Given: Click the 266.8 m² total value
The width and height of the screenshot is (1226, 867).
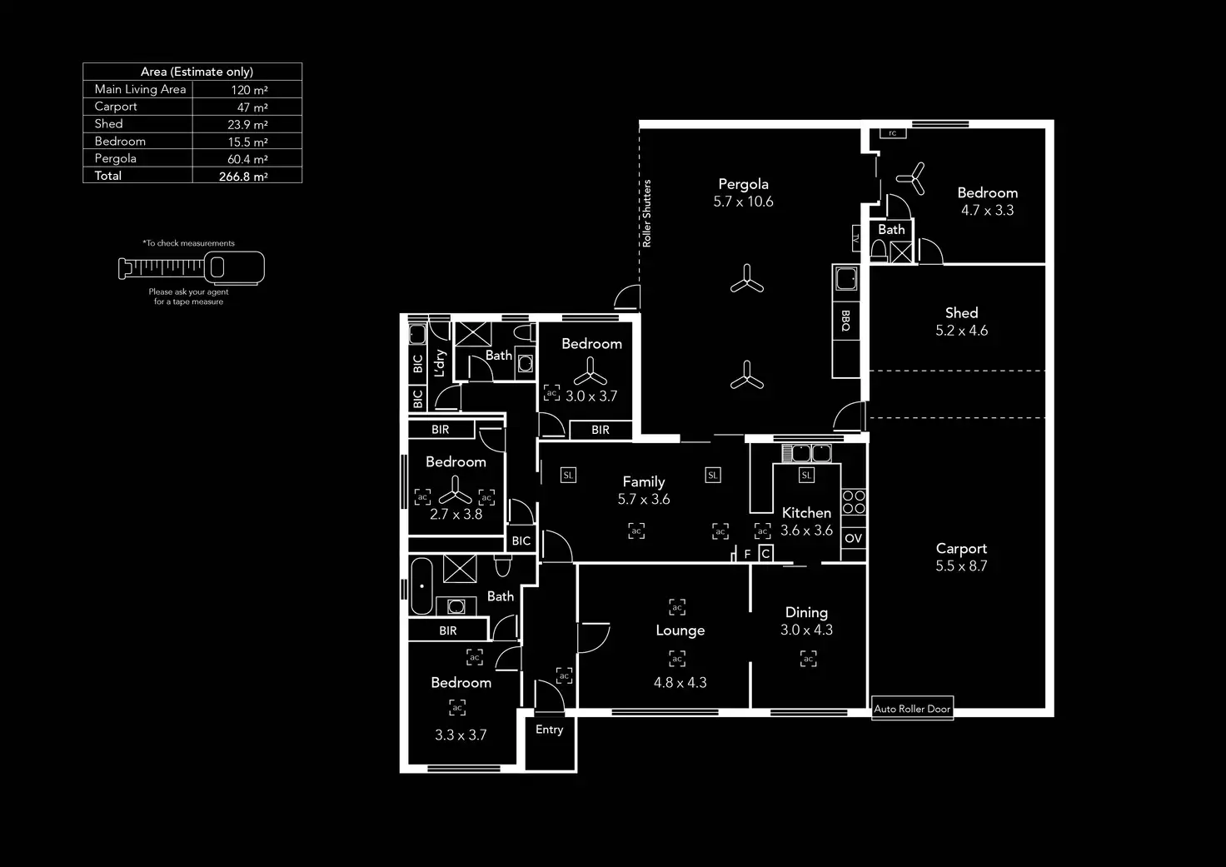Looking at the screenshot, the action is click(x=243, y=177).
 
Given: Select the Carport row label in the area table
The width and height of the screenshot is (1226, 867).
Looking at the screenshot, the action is click(x=116, y=107).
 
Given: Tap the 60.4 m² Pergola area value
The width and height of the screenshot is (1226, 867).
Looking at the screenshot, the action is click(x=247, y=159).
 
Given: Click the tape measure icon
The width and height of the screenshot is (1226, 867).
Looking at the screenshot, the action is click(x=192, y=267).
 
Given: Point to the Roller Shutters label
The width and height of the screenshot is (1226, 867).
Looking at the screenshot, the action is click(x=647, y=213).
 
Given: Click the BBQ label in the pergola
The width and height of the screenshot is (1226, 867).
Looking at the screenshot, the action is click(x=845, y=321).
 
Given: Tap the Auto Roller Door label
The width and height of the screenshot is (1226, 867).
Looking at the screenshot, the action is click(x=912, y=709).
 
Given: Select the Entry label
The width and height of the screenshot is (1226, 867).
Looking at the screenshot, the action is click(x=549, y=730).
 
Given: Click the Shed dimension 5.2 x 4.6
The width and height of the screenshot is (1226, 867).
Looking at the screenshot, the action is click(x=961, y=331).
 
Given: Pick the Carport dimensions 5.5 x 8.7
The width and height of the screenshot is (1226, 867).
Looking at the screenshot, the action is click(x=961, y=566).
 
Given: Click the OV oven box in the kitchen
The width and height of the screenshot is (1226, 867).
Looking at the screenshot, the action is click(x=854, y=539).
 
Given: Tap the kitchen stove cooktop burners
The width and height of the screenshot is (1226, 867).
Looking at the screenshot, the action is click(x=854, y=501).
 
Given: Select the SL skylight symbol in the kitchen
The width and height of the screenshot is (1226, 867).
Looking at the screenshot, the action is click(x=806, y=476).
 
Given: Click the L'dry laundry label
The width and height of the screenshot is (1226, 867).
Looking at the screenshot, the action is click(x=441, y=362).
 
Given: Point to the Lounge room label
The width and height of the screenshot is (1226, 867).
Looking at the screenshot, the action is click(x=680, y=630).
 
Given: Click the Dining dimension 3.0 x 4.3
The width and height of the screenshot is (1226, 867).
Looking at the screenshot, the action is click(x=806, y=630).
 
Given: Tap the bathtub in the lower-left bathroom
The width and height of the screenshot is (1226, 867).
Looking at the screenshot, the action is click(x=421, y=586).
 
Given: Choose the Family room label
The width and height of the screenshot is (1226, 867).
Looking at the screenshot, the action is click(x=644, y=481).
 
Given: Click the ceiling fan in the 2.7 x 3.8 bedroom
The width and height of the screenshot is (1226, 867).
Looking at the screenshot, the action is click(x=455, y=490).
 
